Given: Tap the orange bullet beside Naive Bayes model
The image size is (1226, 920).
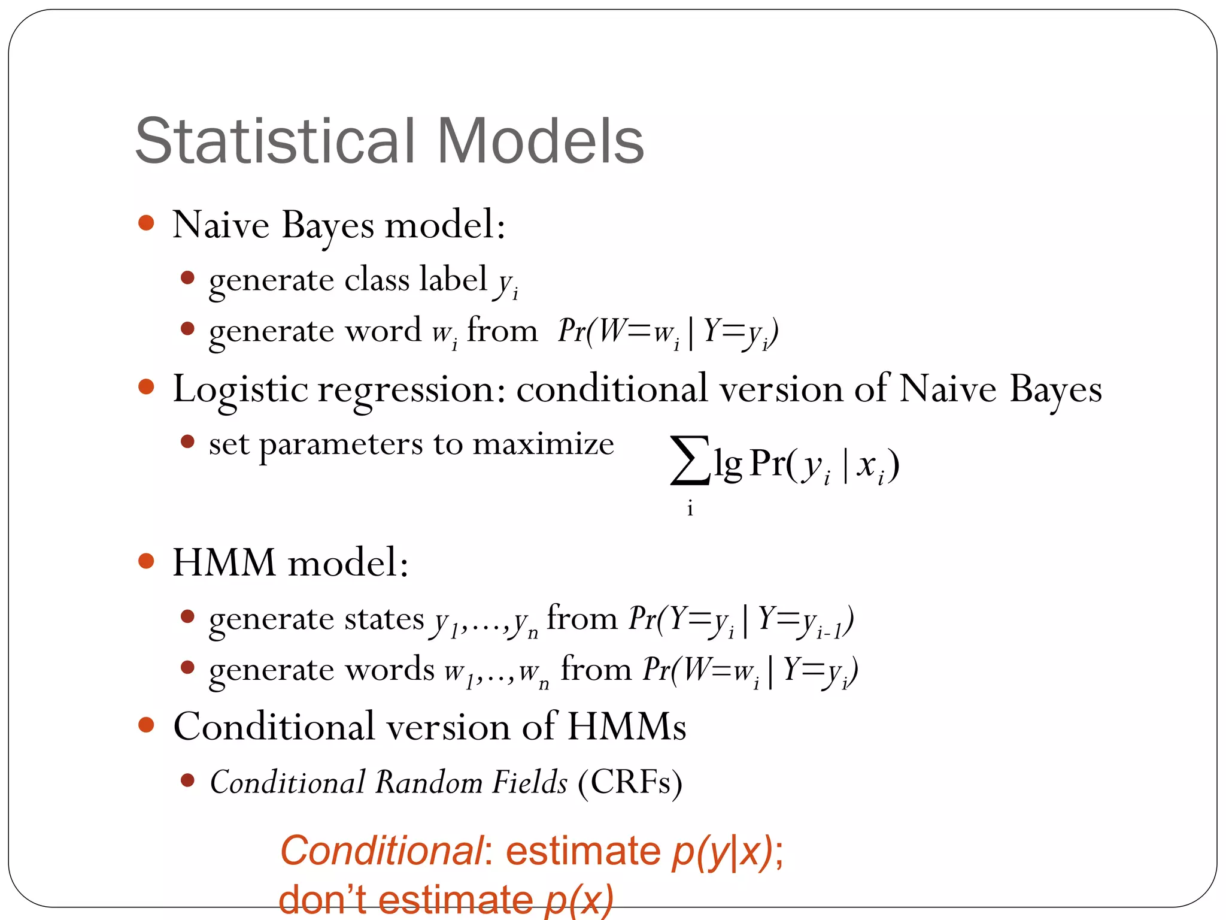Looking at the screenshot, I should point(146,223).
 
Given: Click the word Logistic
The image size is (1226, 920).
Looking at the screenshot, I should point(240,390).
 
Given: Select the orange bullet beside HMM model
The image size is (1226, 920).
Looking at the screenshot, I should point(146,561).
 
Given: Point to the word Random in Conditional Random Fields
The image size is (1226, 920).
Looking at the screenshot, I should point(429,782).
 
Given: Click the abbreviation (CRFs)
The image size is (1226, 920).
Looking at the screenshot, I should point(630,782).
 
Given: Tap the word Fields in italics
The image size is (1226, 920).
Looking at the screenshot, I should point(529,782).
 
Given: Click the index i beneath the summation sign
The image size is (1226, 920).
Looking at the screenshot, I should point(690,509).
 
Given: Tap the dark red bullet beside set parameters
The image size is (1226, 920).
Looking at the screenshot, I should point(187,442).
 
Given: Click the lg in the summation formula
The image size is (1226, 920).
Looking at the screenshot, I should point(728,465).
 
